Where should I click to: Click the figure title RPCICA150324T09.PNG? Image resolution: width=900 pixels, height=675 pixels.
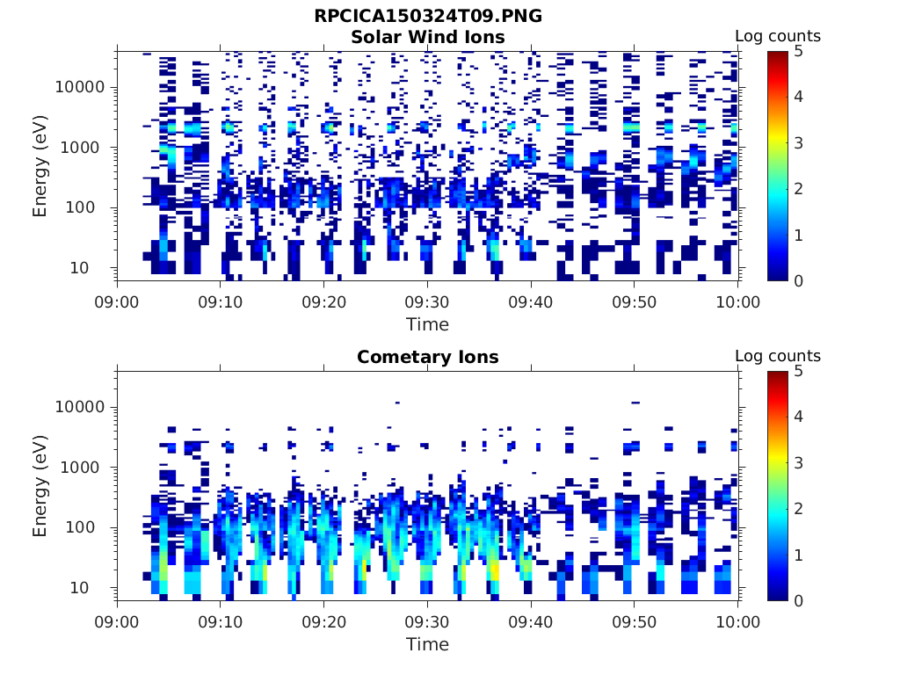click(x=427, y=17)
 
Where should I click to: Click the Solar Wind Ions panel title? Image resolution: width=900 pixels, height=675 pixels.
click(x=427, y=37)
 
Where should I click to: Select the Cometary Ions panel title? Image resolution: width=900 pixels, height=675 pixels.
click(x=427, y=357)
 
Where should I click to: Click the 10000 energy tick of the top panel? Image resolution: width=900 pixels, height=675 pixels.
click(x=79, y=87)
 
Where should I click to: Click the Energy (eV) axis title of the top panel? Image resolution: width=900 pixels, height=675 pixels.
click(x=40, y=165)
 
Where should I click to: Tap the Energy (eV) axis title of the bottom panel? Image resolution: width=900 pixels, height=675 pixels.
click(x=40, y=485)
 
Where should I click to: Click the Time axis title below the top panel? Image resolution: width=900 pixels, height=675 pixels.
click(x=427, y=324)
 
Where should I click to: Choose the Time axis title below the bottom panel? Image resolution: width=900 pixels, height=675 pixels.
click(x=427, y=644)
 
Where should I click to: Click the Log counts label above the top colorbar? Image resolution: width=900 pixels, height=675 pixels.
click(x=777, y=36)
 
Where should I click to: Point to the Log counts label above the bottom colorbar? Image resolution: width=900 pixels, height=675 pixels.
click(x=777, y=356)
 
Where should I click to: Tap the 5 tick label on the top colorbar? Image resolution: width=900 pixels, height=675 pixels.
click(x=799, y=51)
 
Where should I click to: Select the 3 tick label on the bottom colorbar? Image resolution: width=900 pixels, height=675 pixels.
click(x=799, y=462)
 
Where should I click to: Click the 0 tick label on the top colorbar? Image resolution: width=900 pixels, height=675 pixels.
click(x=799, y=280)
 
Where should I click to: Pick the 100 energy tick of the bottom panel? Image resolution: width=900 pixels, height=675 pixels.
click(x=90, y=527)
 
